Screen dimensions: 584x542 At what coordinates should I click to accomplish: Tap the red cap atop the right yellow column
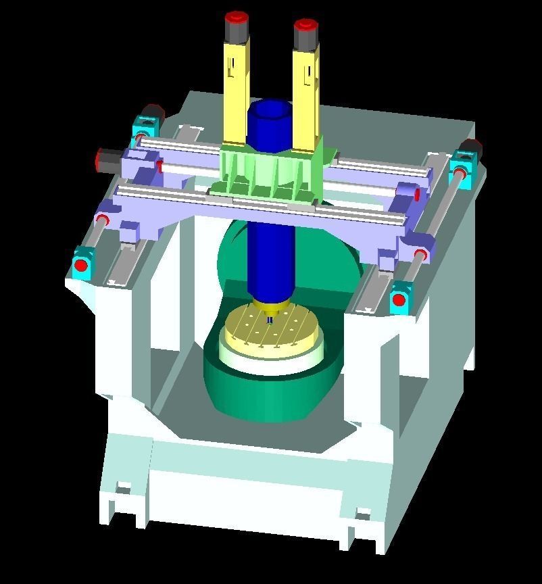click(305, 26)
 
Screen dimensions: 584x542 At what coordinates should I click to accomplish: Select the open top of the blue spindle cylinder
click(269, 108)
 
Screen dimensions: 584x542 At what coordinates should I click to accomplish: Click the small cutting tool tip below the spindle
click(270, 320)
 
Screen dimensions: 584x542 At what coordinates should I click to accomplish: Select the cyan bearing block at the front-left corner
click(82, 264)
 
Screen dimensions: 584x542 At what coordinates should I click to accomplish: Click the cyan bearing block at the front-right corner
click(400, 297)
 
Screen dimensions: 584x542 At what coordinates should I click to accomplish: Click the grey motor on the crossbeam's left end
click(108, 160)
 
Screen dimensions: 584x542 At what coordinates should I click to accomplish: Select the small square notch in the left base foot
click(123, 487)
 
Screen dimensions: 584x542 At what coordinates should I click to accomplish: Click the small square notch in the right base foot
click(363, 515)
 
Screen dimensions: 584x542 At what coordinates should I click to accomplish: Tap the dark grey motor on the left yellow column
click(237, 31)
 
